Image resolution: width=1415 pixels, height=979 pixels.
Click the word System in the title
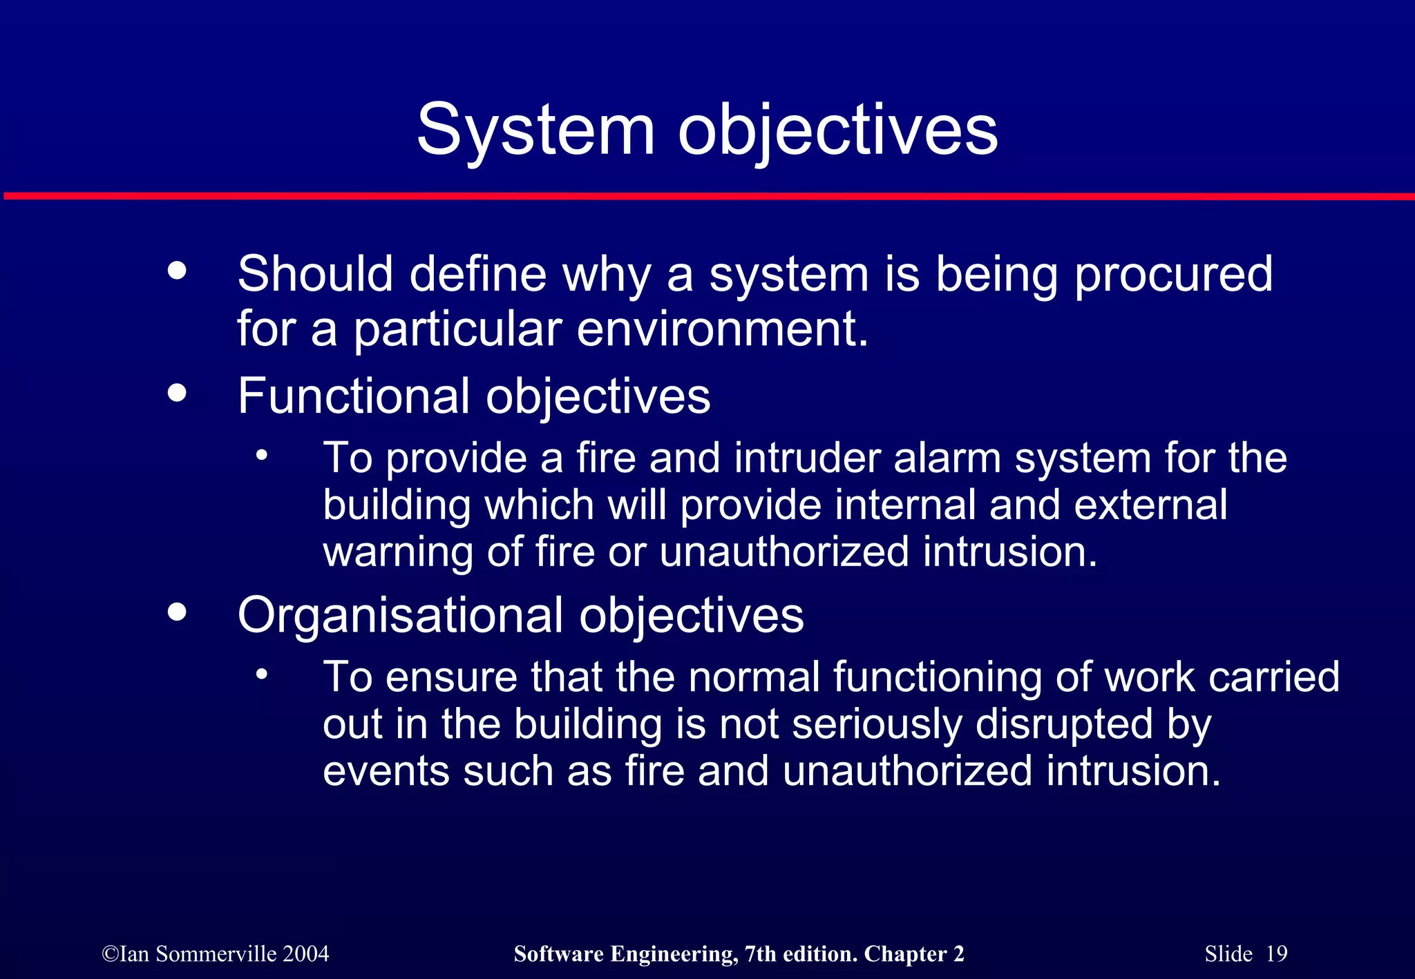(535, 130)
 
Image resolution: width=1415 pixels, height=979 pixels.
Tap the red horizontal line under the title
(707, 197)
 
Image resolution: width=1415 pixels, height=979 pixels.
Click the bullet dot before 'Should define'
(178, 270)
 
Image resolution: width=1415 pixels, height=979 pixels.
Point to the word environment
(721, 329)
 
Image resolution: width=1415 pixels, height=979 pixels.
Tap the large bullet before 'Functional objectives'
(178, 392)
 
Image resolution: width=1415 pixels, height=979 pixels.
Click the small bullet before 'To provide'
(261, 456)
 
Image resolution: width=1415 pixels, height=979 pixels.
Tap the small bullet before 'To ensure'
(261, 675)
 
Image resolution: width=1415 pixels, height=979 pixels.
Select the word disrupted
(1064, 724)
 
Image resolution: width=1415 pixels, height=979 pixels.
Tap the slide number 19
(1276, 953)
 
